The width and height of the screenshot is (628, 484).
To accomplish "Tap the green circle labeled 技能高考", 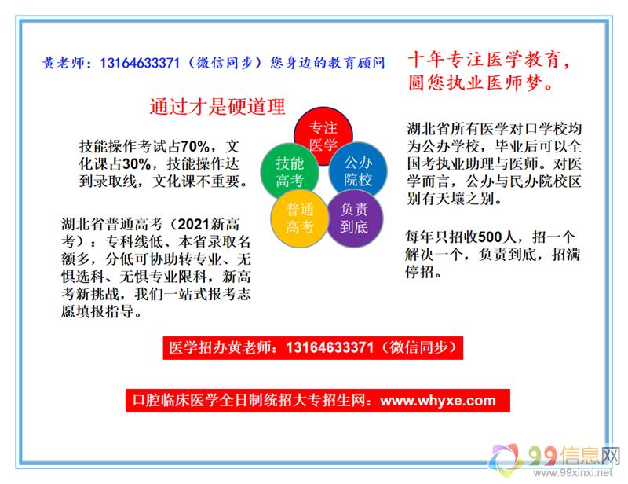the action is tap(290, 172).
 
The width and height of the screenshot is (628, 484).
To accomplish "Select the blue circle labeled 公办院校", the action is tap(358, 170).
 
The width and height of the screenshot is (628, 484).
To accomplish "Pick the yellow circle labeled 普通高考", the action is tap(300, 218).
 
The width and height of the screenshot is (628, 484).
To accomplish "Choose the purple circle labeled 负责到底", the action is tap(354, 218).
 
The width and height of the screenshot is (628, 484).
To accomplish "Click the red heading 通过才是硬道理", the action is tap(217, 107).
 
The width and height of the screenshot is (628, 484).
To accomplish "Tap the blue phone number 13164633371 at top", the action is tap(140, 63).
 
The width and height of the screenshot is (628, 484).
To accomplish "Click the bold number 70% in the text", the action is tap(195, 147).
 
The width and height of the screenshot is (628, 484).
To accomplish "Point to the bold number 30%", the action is tap(137, 164).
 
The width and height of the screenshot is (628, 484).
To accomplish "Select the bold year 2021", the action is tap(194, 224).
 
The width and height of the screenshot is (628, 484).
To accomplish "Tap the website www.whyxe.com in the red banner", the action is tap(438, 400).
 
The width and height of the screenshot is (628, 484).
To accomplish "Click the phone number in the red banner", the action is tap(330, 347).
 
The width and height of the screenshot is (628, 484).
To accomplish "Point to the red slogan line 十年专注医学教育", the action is tap(489, 60).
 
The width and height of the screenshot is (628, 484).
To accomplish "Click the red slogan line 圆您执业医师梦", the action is tap(480, 82).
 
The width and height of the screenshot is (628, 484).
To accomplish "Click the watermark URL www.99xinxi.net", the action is tap(573, 473).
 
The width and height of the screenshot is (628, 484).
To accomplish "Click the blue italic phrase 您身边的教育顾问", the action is tap(327, 63).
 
